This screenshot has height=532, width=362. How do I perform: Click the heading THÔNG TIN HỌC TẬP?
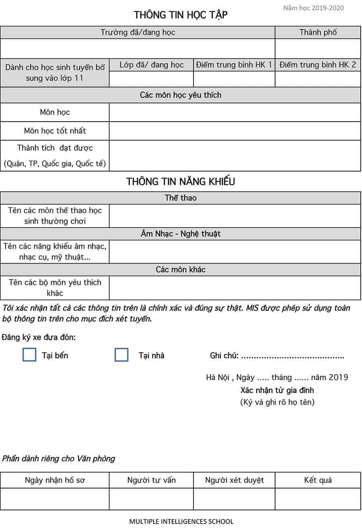click(x=181, y=15)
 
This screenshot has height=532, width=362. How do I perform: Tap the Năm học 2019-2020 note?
click(x=313, y=8)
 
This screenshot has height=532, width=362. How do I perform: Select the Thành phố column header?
click(x=318, y=32)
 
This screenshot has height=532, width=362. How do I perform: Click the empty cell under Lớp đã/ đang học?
click(x=151, y=79)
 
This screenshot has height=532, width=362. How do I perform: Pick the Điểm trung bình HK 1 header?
click(x=234, y=65)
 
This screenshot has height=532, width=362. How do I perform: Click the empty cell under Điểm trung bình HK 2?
click(x=318, y=79)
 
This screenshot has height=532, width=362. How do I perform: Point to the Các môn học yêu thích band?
click(x=181, y=95)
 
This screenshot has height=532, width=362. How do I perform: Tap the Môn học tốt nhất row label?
click(x=55, y=131)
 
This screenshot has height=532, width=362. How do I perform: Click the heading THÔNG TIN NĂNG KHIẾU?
click(x=181, y=181)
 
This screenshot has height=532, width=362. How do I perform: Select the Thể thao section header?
click(x=181, y=198)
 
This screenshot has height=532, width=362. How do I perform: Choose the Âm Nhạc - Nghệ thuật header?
click(x=181, y=234)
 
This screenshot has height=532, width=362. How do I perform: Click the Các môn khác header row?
click(x=181, y=269)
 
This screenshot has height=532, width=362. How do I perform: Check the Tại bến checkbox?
click(x=29, y=355)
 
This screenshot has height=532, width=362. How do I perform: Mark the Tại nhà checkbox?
click(x=121, y=355)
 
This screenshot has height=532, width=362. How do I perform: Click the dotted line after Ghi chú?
click(x=292, y=356)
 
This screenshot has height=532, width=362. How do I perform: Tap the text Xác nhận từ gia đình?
click(x=277, y=390)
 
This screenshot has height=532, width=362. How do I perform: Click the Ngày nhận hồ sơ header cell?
click(x=55, y=480)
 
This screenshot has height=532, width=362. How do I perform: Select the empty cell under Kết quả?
click(x=318, y=499)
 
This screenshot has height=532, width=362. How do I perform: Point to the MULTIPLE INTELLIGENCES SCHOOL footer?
click(x=181, y=522)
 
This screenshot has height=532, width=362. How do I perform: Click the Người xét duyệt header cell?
click(x=234, y=480)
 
